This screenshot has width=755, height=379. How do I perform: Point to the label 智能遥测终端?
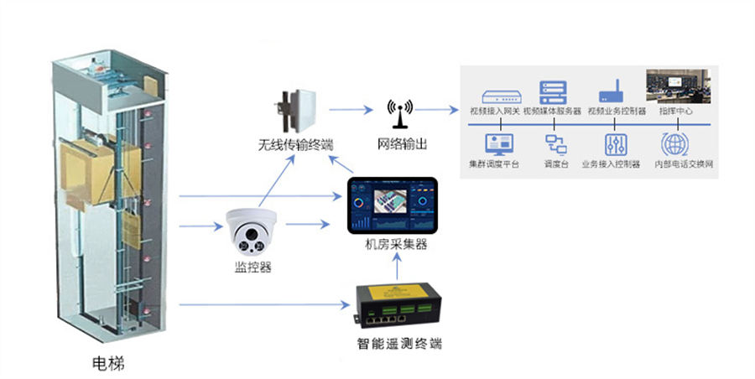(x=395, y=344)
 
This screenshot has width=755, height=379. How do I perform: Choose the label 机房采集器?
(x=396, y=245)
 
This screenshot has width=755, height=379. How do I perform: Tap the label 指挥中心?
(x=675, y=112)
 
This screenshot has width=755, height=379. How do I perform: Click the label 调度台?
(x=557, y=164)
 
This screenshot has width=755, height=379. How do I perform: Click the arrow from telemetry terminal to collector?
(x=396, y=269)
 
